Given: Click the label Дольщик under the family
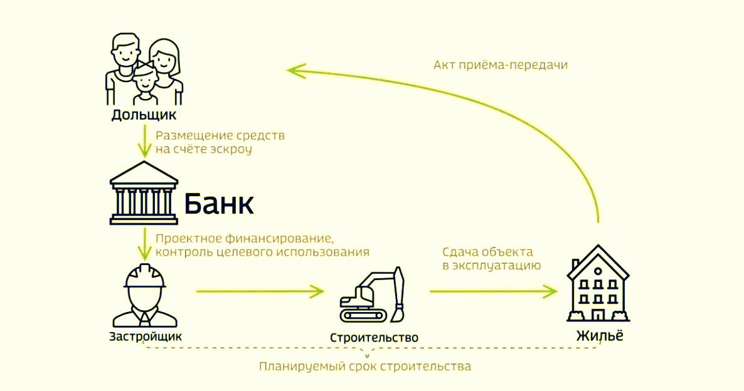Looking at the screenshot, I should click(144, 115).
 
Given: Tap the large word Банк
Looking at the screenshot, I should click(218, 204).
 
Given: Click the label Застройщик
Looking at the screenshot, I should click(146, 336).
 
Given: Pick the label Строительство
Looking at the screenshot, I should click(374, 338).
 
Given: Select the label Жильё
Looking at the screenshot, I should click(600, 335).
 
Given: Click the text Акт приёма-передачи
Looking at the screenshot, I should click(500, 65).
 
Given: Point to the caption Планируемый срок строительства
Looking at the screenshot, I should click(364, 366).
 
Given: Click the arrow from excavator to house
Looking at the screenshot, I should click(493, 291).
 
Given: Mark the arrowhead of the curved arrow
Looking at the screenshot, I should click(295, 71).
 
